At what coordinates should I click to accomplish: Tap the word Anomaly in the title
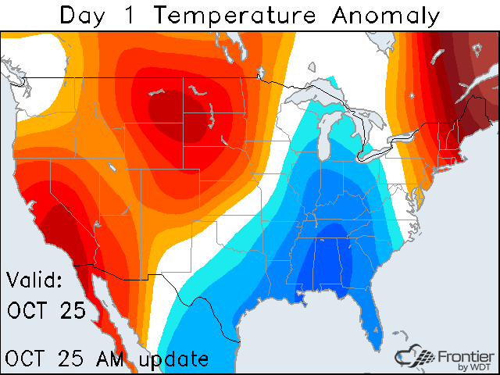tap(387, 15)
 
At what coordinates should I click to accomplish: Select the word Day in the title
tap(84, 15)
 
